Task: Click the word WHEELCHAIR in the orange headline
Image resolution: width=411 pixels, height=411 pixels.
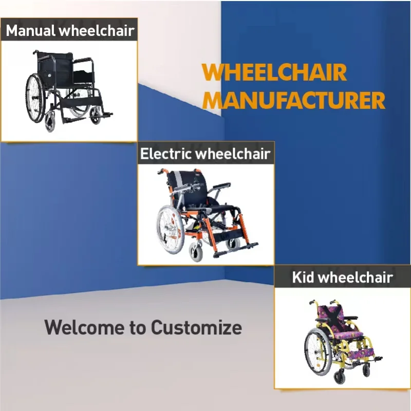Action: click(x=274, y=73)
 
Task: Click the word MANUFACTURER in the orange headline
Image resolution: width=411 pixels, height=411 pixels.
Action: click(x=294, y=100)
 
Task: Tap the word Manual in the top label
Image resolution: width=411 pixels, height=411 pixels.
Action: click(x=30, y=30)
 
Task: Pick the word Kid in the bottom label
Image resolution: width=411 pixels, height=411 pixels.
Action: click(x=303, y=278)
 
